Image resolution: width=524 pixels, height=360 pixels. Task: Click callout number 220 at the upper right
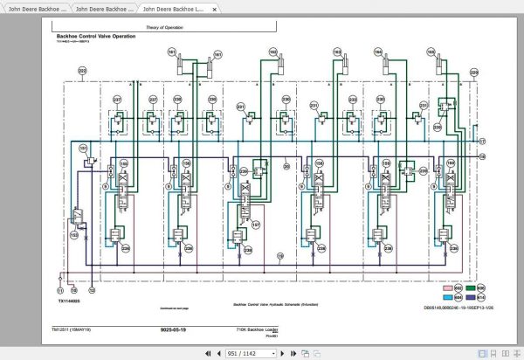[473, 69]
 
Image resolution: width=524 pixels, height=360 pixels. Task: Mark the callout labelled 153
[73, 234]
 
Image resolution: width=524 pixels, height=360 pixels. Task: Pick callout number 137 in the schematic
[254, 225]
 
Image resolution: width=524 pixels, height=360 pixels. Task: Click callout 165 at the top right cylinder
[431, 53]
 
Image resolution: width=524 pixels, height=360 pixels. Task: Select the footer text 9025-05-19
[175, 329]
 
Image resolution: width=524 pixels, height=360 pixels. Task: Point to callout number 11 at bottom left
[60, 288]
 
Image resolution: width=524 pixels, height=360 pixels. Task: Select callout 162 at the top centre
[272, 52]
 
